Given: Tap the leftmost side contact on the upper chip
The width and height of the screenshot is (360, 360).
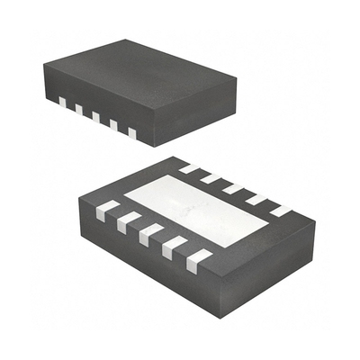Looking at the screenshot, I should tap(61, 101).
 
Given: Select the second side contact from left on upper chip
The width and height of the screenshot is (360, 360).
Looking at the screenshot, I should tap(78, 109).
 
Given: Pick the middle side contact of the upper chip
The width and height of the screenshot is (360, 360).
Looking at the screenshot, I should tap(95, 117).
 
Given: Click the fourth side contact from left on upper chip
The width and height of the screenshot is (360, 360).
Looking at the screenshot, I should tap(113, 125).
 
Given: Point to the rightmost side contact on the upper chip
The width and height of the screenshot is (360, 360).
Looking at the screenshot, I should tap(131, 133).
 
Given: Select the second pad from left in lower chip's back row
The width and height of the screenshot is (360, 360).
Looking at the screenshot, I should tap(210, 176).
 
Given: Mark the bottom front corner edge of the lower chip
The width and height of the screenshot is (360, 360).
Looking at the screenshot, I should tap(216, 297).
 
